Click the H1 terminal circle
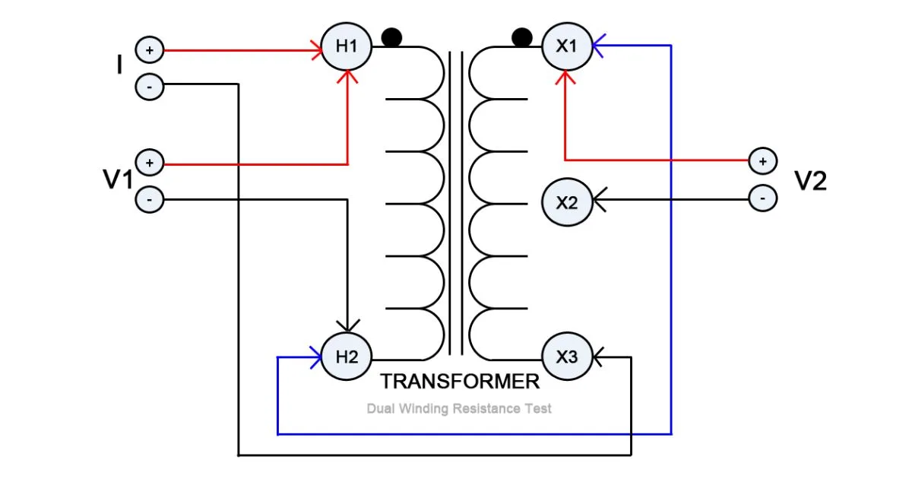[x=347, y=46]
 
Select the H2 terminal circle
[x=347, y=357]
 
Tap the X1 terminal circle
[x=566, y=46]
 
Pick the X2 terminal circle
[x=566, y=202]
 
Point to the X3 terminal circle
[x=566, y=357]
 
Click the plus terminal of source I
[x=149, y=51]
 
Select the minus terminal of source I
[x=149, y=87]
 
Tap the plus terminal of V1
[x=149, y=163]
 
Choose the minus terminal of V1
[x=149, y=200]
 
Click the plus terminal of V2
[x=762, y=161]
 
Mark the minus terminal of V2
[x=762, y=198]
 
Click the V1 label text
[x=118, y=181]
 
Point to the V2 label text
[x=810, y=181]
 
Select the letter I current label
[x=119, y=66]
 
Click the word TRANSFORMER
[x=460, y=382]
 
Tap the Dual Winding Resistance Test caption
[x=459, y=409]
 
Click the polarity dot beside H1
[x=391, y=36]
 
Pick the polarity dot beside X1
[x=521, y=36]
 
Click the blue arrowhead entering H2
[x=315, y=357]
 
